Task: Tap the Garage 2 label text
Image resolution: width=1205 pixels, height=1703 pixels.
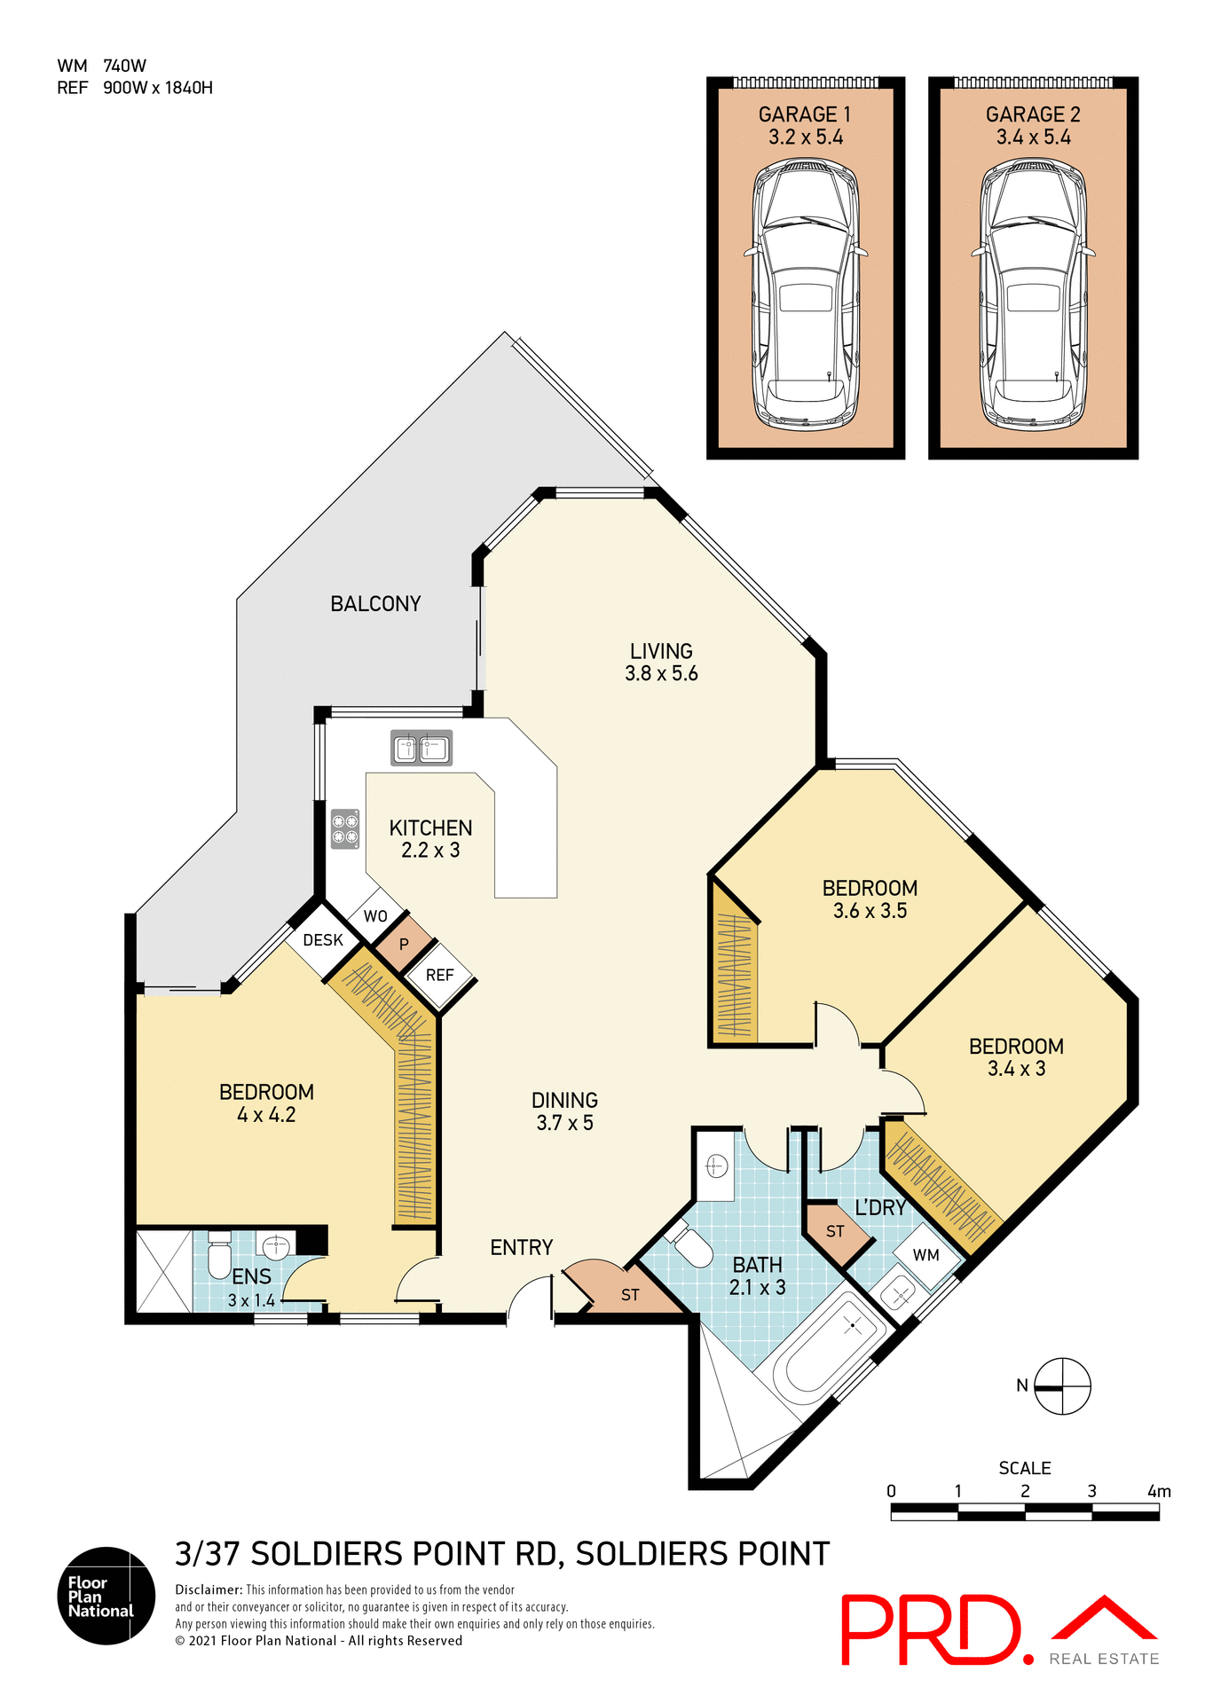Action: [x=1033, y=125]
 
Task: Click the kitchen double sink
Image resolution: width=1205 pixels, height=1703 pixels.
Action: [x=421, y=749]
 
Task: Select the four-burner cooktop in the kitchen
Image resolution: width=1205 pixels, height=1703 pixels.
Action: [x=345, y=828]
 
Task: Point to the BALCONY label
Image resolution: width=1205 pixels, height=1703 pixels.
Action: [x=375, y=604]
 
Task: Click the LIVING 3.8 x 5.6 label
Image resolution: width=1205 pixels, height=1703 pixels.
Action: [x=661, y=663]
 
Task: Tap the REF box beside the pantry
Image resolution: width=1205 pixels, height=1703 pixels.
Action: [x=440, y=975]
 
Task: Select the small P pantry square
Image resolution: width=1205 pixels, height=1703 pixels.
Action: [x=404, y=945]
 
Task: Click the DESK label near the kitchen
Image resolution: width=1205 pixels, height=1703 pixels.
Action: [x=323, y=940]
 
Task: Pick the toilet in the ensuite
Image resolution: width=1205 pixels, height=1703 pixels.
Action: [x=219, y=1255]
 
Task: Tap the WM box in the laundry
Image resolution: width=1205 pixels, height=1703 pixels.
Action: [x=926, y=1255]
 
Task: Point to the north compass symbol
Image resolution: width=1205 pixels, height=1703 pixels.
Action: [x=1062, y=1386]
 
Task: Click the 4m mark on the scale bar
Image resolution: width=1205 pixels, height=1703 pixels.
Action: [x=1158, y=1492]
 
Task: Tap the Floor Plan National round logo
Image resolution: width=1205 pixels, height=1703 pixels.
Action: [x=106, y=1596]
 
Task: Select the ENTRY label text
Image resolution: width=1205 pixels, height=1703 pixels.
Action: [x=522, y=1248]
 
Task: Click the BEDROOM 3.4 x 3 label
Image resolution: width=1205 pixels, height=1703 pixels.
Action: [x=1016, y=1057]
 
